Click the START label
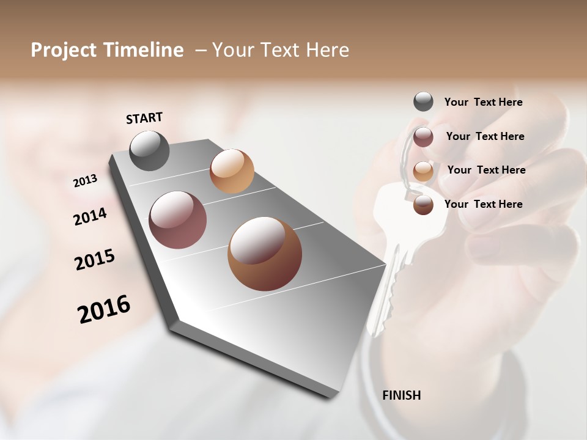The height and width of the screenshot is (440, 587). click(144, 118)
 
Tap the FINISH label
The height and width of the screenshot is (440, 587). click(401, 395)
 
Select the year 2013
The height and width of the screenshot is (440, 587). click(85, 181)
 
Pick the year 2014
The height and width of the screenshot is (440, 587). click(90, 217)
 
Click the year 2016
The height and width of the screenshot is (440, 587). click(104, 309)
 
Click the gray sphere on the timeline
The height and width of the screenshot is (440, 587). click(150, 150)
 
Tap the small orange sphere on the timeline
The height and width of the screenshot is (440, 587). click(232, 171)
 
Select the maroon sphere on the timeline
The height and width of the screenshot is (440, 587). click(178, 220)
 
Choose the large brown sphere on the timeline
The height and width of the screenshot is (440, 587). click(265, 254)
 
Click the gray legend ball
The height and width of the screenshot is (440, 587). click(423, 101)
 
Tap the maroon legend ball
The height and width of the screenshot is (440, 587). click(423, 136)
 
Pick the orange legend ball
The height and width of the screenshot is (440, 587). click(423, 171)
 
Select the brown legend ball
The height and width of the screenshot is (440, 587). click(423, 205)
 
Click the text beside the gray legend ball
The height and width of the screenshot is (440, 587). click(483, 102)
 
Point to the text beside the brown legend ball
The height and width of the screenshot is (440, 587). click(483, 204)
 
